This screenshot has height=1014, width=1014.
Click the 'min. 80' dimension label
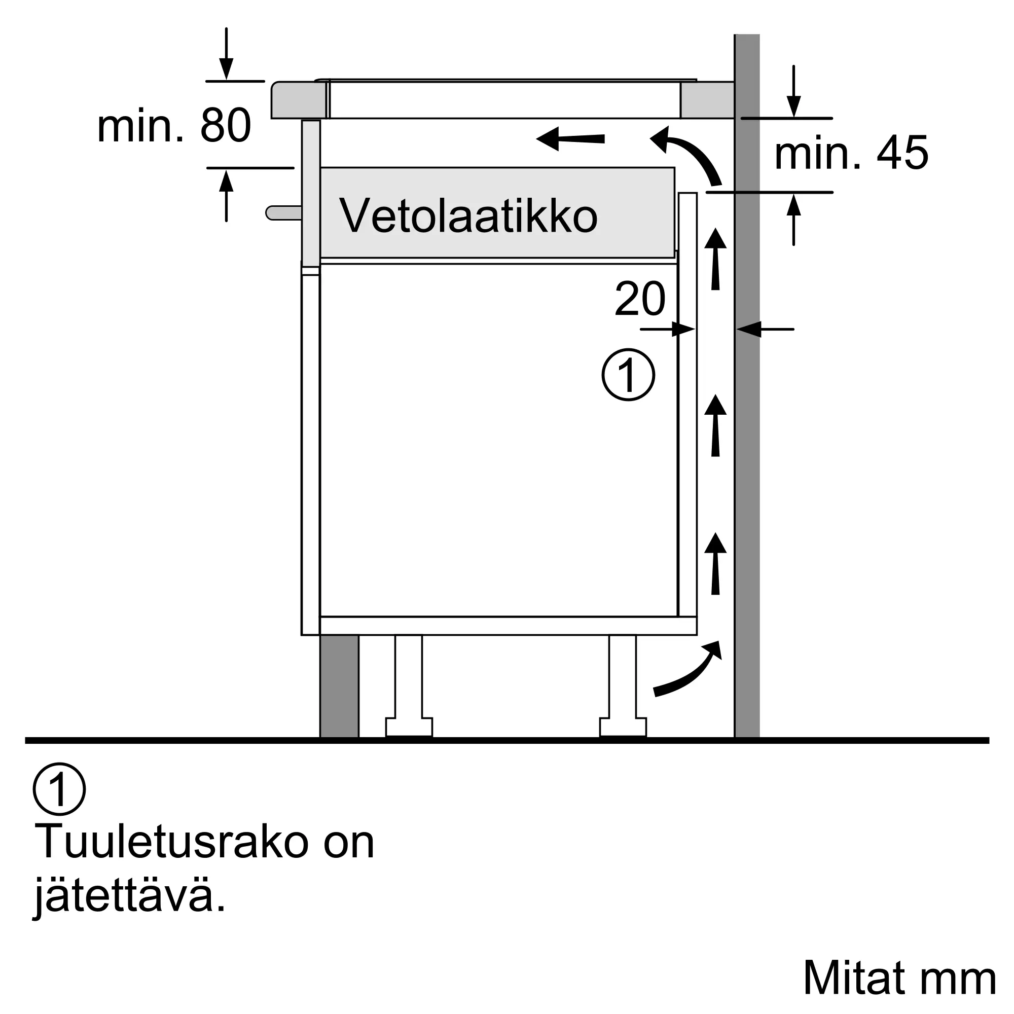(x=174, y=126)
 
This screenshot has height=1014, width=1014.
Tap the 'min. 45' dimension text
(x=851, y=153)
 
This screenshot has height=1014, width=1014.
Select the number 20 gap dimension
(x=640, y=299)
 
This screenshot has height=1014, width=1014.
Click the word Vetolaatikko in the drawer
(x=468, y=216)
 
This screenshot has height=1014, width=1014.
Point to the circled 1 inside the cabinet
(x=628, y=375)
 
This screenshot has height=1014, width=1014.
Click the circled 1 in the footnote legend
(x=59, y=789)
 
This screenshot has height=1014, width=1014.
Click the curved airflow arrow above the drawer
(x=687, y=153)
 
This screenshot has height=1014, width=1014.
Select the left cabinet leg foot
(x=409, y=727)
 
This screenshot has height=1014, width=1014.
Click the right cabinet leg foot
(x=623, y=727)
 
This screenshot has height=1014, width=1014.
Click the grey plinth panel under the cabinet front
(x=340, y=686)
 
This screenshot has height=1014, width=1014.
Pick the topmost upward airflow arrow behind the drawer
(x=715, y=259)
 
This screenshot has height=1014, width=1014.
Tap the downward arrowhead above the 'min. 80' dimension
(x=226, y=69)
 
